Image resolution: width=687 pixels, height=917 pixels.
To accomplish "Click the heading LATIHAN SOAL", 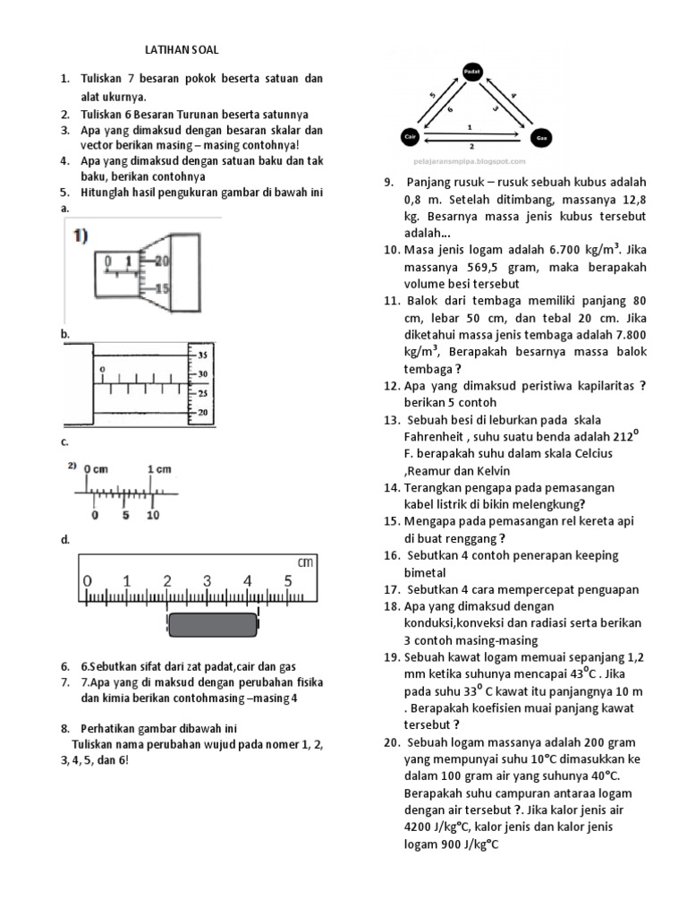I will [182, 50].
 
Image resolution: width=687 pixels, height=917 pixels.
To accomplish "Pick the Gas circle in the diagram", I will [541, 138].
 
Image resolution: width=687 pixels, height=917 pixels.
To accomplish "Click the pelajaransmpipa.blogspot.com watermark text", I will [470, 162].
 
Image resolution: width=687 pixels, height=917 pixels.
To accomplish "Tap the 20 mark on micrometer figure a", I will [161, 261].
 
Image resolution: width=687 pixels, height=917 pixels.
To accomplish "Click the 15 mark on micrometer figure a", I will [161, 288].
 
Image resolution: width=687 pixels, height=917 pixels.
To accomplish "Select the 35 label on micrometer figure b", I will [203, 355].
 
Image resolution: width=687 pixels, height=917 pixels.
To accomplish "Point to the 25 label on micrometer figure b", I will [203, 393].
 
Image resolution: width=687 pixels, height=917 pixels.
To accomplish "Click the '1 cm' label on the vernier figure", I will [159, 469].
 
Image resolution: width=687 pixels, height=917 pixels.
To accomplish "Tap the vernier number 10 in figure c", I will [153, 515].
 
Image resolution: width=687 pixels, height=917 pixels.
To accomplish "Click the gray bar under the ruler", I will [213, 624].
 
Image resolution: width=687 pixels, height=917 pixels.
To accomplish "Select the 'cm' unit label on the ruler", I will [307, 562].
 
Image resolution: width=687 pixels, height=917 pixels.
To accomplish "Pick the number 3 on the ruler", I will [208, 581].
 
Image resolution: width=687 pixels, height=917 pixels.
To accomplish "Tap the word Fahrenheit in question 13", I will [439, 436].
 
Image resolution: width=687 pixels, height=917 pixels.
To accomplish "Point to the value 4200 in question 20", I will [420, 827].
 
